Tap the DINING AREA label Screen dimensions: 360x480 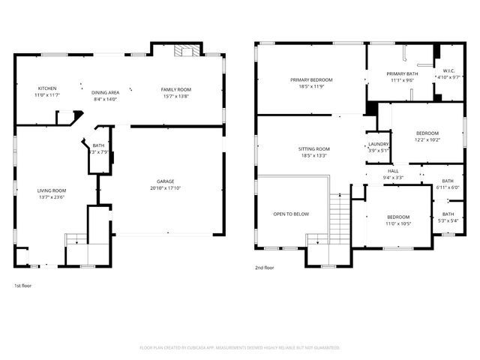[x=105, y=91]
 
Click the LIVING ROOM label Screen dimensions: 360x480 [x=52, y=190]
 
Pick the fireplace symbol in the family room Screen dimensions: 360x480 [x=184, y=51]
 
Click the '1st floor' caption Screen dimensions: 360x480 [x=23, y=286]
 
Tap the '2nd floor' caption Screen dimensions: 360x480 [x=264, y=268]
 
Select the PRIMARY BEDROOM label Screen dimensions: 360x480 [x=311, y=79]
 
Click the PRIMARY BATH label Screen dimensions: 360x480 [x=402, y=73]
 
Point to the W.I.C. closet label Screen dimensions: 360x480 [x=449, y=72]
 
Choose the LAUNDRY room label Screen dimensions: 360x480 [x=378, y=144]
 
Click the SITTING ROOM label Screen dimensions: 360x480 [x=315, y=149]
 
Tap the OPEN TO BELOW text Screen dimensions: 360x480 [x=291, y=214]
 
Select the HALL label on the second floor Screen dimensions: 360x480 [x=393, y=171]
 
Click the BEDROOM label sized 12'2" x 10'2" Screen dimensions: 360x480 [x=427, y=133]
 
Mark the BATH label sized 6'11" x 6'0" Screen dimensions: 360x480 [x=448, y=181]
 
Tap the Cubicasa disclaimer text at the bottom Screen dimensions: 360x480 [x=240, y=347]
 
